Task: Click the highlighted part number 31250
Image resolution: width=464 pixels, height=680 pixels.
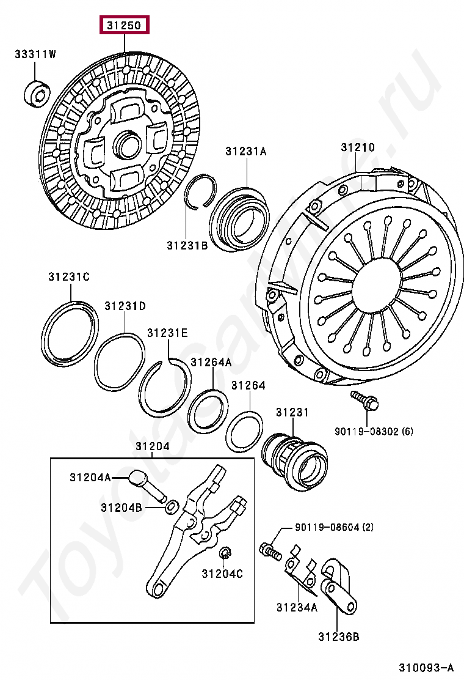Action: tap(125, 26)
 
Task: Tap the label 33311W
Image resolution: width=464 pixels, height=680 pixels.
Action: tap(35, 55)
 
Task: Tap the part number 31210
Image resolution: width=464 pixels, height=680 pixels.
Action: tap(358, 148)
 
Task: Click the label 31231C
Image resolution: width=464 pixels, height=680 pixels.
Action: tap(69, 277)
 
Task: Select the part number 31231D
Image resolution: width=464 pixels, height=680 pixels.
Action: tap(125, 306)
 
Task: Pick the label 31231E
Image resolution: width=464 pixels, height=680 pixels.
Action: tap(167, 333)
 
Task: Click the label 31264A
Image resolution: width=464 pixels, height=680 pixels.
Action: tap(211, 362)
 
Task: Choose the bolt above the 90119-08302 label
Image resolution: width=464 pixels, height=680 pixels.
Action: tap(365, 401)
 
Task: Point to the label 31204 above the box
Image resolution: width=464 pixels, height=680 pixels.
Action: tap(153, 447)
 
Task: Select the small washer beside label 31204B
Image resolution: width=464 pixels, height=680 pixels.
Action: tap(172, 506)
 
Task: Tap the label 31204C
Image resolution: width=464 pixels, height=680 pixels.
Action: tap(223, 574)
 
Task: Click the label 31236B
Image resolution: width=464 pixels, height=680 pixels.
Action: tap(338, 637)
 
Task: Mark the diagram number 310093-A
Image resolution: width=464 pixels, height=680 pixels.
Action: tap(427, 667)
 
